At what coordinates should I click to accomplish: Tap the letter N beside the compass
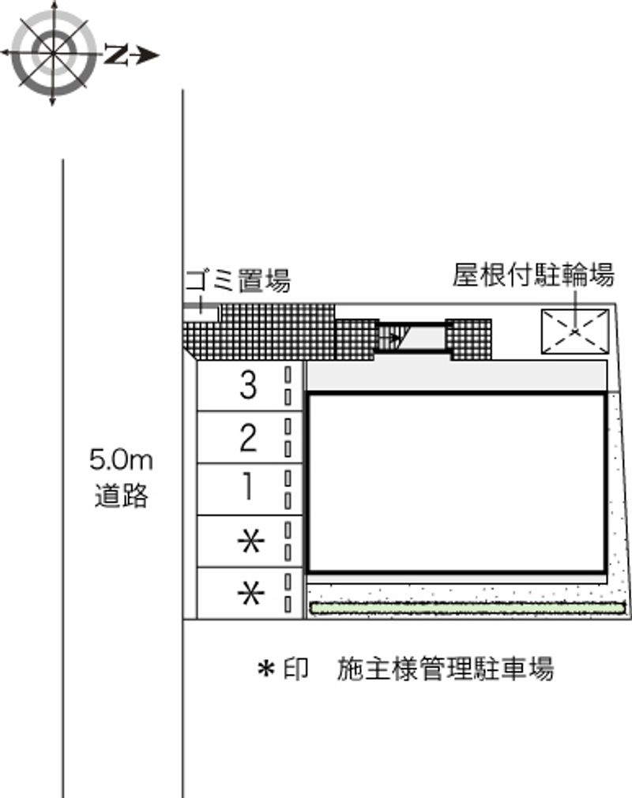click(115, 54)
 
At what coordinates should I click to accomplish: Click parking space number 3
click(248, 385)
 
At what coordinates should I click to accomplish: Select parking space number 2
click(248, 436)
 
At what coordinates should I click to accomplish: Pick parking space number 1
click(248, 488)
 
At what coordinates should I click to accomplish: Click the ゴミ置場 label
click(238, 279)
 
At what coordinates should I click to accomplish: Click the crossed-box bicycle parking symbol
click(574, 331)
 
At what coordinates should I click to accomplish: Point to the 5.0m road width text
click(121, 460)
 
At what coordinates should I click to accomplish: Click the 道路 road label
click(121, 496)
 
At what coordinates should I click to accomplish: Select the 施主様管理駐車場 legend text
click(445, 669)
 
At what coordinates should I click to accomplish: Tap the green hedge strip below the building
click(466, 607)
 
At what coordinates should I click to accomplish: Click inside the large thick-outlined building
click(457, 481)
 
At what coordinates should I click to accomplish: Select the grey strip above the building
click(457, 376)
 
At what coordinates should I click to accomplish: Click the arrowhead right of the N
click(148, 55)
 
